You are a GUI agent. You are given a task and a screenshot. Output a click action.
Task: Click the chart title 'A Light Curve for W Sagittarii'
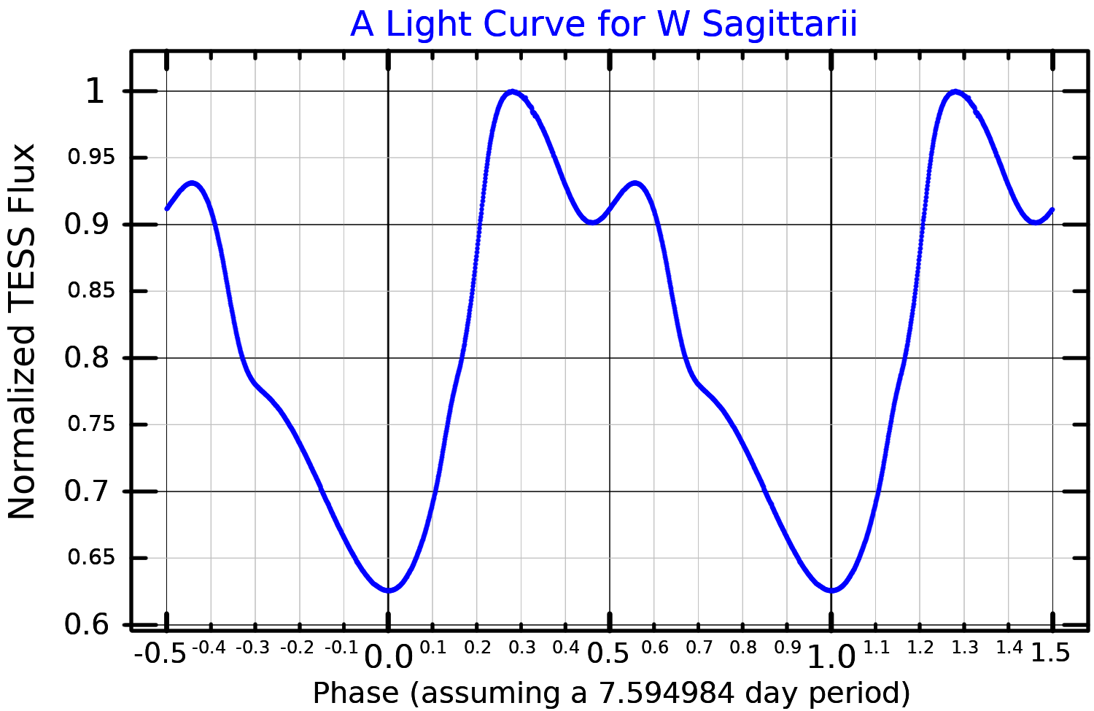point(603,25)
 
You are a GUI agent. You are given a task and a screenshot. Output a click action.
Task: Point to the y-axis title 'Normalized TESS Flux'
point(22,331)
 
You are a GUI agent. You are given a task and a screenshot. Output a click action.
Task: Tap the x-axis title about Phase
point(611,693)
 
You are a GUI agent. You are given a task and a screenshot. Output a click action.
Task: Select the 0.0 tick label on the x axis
point(388,657)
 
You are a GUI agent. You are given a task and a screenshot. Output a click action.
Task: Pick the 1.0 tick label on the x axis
point(831,657)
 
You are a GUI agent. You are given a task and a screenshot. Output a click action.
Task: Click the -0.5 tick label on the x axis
point(160,653)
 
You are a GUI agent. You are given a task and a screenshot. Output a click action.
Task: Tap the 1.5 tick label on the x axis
point(1050,653)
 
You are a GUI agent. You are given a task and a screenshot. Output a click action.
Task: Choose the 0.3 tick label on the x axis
point(522,648)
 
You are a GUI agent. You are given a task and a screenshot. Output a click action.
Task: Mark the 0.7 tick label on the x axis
point(699,648)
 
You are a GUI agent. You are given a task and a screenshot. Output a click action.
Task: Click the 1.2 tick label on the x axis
point(920,648)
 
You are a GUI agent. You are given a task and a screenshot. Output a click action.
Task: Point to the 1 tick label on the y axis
point(95,92)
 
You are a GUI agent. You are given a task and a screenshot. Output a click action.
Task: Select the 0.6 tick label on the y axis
point(87,625)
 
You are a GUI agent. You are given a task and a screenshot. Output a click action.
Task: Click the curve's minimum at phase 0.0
point(389,590)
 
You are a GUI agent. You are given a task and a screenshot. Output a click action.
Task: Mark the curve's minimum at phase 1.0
point(831,590)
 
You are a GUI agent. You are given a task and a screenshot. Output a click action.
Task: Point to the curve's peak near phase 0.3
point(513,92)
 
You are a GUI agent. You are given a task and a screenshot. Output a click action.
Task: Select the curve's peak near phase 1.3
point(955,92)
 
